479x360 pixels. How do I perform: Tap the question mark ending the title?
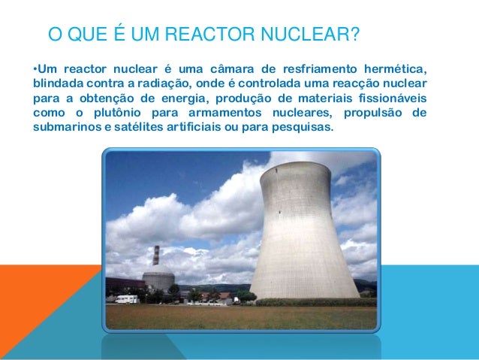coord(354,35)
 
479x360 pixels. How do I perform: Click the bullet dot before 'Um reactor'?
coord(35,71)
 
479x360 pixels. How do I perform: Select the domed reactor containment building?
coord(158,277)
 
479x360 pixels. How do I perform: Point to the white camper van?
coord(126,298)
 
